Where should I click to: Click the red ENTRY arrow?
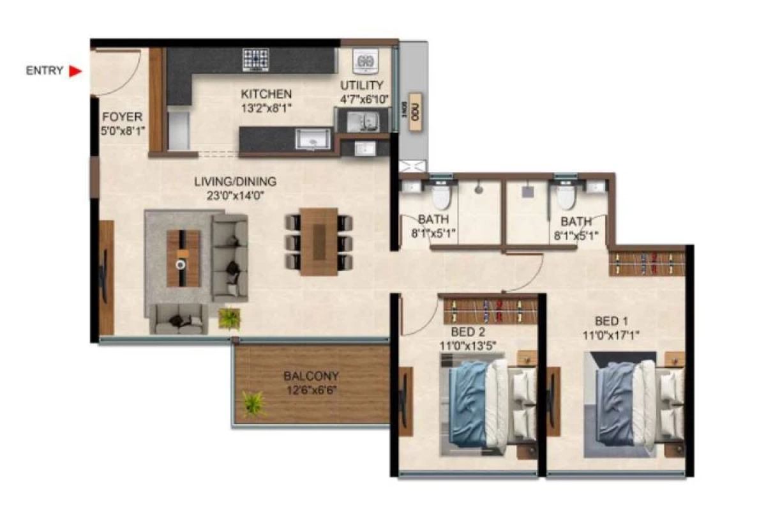76,71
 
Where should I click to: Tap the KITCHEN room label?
266,94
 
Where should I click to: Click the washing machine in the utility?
366,62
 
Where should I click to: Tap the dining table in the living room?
319,241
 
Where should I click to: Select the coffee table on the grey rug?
183,258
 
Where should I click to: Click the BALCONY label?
311,376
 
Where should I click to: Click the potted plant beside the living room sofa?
229,317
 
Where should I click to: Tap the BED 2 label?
467,332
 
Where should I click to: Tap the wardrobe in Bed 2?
490,310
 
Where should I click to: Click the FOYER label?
122,117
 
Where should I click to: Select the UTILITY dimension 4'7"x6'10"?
362,99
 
